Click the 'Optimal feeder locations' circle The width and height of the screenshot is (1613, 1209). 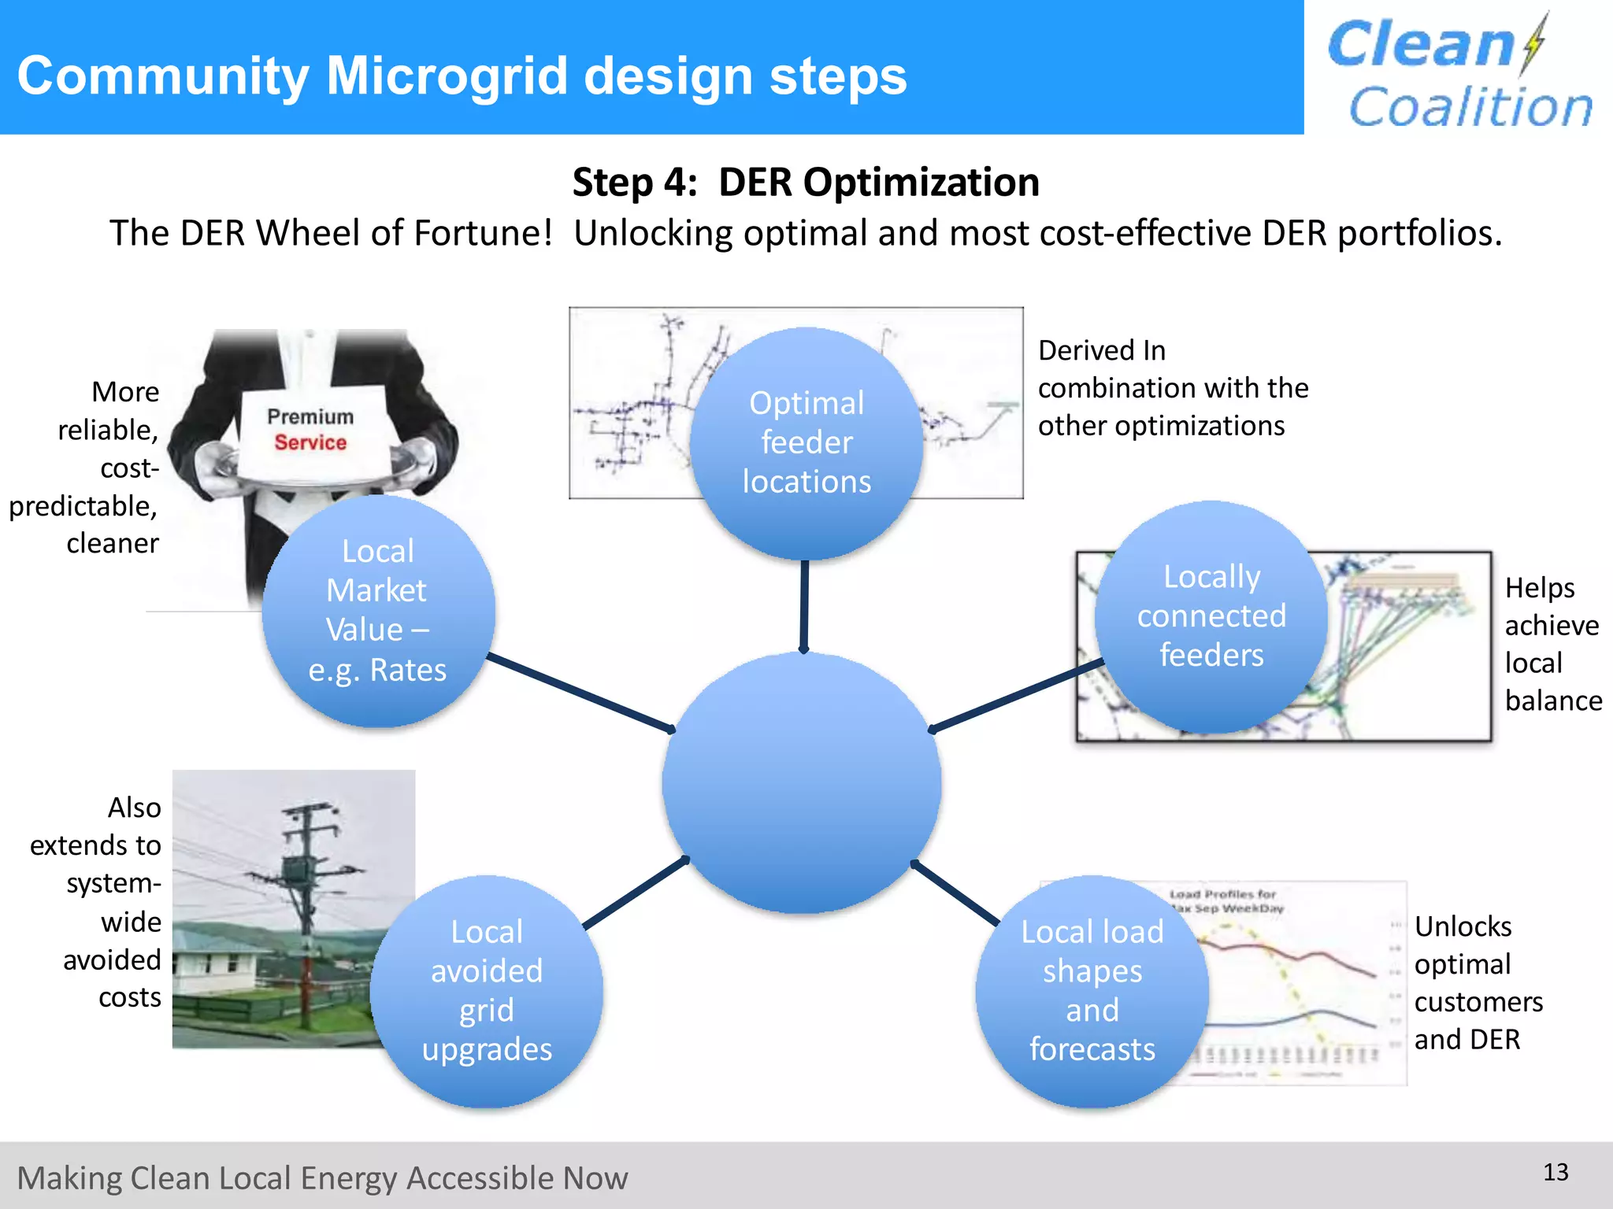(806, 442)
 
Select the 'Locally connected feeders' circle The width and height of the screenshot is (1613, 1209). (1211, 616)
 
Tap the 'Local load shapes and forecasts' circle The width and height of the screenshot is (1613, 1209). (1092, 990)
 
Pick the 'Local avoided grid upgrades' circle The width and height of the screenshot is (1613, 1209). (487, 990)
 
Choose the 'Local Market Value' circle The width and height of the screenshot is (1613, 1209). (378, 610)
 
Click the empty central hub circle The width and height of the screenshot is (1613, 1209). (802, 783)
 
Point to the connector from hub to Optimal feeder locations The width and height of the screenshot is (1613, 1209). (804, 606)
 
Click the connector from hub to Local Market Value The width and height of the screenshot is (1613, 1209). (579, 692)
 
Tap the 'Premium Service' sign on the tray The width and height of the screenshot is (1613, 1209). (310, 430)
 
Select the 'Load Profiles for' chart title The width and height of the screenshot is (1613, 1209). (1222, 895)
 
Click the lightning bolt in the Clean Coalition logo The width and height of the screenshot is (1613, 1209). (1533, 43)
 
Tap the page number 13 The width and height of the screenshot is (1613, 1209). (1556, 1172)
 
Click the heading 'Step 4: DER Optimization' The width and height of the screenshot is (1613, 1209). (806, 182)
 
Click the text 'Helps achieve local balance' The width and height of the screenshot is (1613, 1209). (1552, 644)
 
